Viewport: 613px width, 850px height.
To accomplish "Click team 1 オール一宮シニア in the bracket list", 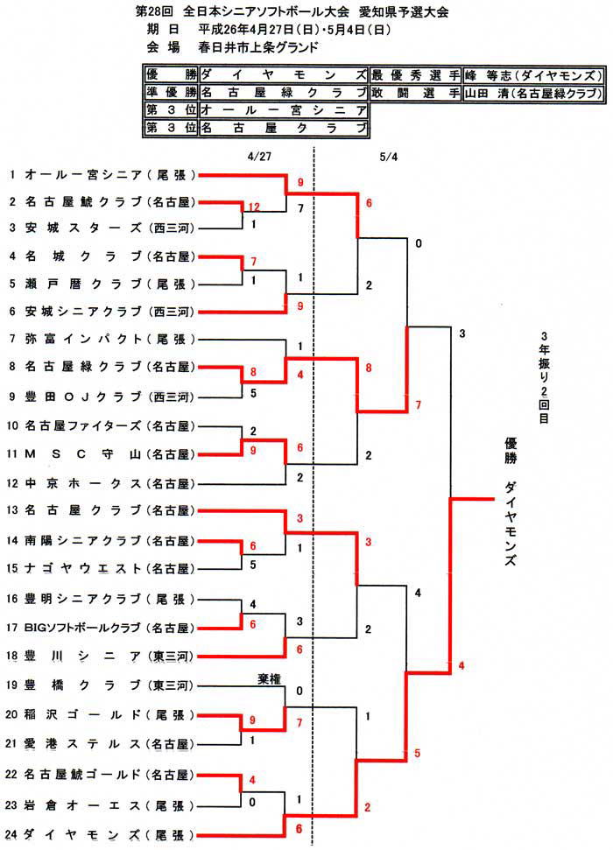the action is tap(103, 174).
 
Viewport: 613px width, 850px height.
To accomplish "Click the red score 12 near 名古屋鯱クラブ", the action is tap(254, 207).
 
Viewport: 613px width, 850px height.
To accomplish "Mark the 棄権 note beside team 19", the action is tap(269, 678).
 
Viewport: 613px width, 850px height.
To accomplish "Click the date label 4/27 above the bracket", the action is tap(259, 157).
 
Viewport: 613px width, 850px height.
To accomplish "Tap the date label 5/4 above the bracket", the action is tap(389, 157).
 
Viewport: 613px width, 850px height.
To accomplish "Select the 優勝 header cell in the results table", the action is tap(171, 74).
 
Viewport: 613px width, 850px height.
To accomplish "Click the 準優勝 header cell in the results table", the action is tap(171, 92).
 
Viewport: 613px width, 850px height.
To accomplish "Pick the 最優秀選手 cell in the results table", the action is tap(416, 74).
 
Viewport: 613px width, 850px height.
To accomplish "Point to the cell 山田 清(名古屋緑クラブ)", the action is tap(534, 93).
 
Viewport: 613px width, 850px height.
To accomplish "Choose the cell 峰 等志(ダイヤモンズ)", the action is tap(534, 74).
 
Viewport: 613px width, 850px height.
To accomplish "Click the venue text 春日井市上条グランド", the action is tap(258, 47).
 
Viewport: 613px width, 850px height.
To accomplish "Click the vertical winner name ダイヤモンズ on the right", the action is tap(510, 523).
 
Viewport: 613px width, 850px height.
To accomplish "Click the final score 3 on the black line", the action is tap(462, 334).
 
